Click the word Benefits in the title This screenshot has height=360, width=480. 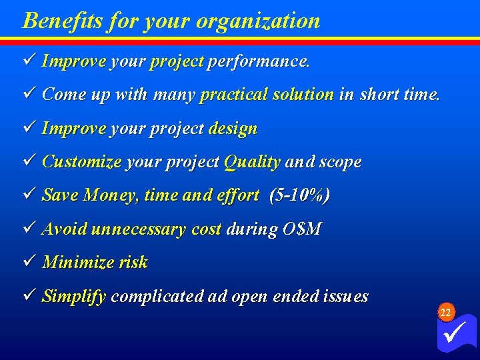(55, 21)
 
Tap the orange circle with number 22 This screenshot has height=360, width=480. (446, 313)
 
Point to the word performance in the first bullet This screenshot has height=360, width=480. (259, 62)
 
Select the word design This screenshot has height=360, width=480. (233, 128)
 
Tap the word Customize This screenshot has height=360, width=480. (81, 162)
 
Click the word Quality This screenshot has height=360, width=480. (251, 162)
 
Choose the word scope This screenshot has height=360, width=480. (340, 162)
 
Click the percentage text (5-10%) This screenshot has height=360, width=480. (299, 195)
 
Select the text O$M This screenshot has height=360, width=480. (302, 229)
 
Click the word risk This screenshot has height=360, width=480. (133, 263)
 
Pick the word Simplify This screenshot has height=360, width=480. (73, 297)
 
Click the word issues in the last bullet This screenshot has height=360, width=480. (343, 297)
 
